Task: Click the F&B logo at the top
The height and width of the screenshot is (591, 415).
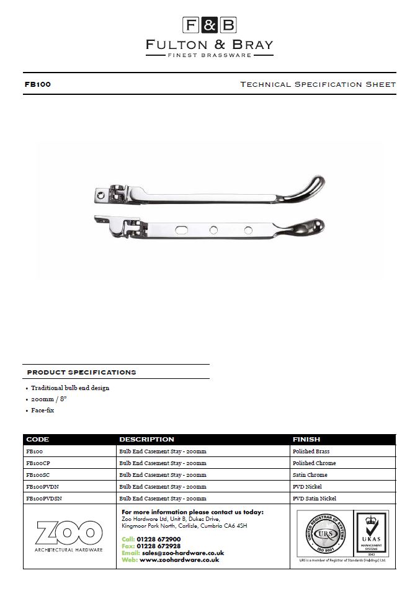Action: [209, 25]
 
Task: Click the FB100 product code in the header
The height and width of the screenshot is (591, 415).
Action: [37, 84]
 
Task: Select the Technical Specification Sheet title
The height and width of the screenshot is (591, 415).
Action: [317, 84]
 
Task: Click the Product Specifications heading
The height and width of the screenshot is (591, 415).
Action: [81, 372]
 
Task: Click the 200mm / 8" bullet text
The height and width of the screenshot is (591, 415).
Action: [48, 399]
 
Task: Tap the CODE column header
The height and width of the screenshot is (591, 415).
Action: [38, 439]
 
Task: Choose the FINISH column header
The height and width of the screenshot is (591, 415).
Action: [306, 439]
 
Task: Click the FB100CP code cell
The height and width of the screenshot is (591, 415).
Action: [38, 463]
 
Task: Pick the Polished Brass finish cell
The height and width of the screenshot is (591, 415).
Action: [311, 451]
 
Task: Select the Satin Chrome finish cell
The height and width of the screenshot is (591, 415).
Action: [310, 474]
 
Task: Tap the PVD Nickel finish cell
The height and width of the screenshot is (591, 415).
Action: [307, 486]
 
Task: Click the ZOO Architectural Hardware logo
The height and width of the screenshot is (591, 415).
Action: [69, 536]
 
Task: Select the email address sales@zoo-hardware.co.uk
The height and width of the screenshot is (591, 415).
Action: [182, 553]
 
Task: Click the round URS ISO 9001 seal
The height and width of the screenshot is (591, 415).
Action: [323, 533]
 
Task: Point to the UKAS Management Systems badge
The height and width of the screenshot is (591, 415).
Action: [370, 533]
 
